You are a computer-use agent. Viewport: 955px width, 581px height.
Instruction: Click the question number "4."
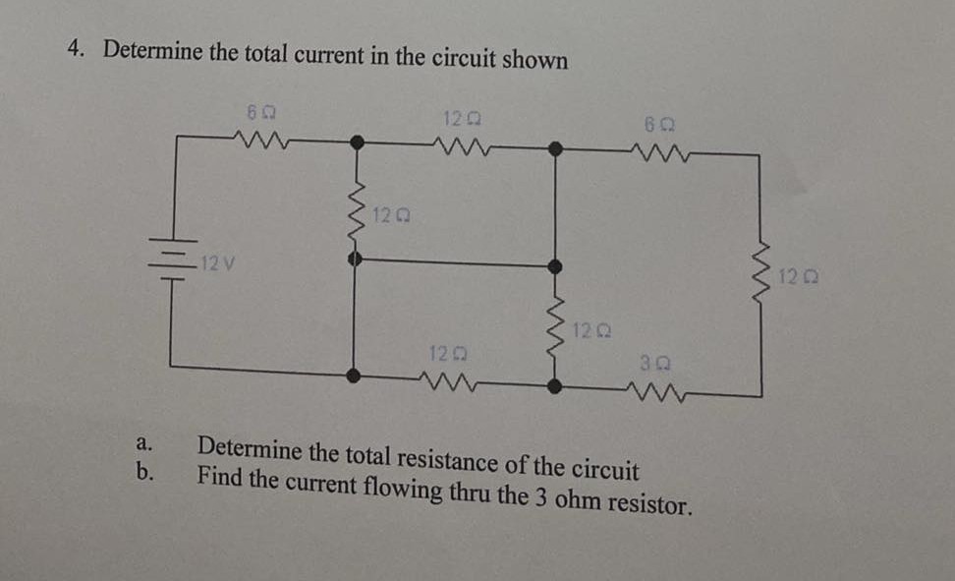(x=77, y=50)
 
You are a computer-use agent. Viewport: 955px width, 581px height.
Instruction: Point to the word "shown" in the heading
(x=534, y=59)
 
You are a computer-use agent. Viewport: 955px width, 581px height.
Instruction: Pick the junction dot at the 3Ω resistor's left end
(x=555, y=385)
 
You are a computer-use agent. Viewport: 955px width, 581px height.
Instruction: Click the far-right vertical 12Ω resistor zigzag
(x=760, y=275)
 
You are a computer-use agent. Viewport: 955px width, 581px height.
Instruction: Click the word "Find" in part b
(x=219, y=478)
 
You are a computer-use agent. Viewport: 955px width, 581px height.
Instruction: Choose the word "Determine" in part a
(x=249, y=449)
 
